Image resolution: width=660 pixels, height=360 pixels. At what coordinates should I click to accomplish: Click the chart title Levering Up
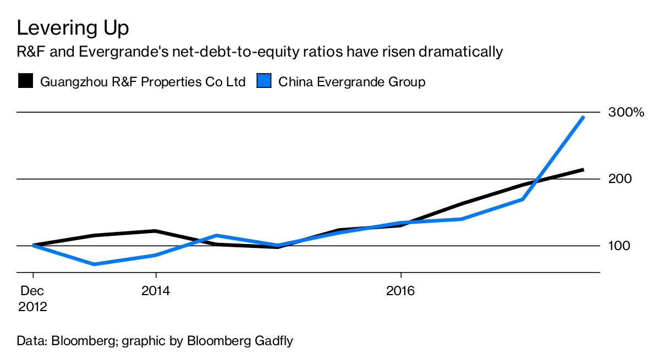tap(73, 28)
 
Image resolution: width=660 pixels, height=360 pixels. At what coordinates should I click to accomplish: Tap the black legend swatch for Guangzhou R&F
tap(25, 82)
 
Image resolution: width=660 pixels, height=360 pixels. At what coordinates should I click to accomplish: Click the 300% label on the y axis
tap(626, 113)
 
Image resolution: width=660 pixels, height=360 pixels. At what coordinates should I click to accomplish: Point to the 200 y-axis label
tap(620, 179)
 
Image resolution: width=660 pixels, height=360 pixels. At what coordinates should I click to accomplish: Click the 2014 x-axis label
tap(156, 291)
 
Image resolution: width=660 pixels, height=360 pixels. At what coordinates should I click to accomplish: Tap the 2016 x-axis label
tap(401, 291)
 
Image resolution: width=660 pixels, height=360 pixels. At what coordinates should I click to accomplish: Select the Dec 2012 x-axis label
tap(33, 298)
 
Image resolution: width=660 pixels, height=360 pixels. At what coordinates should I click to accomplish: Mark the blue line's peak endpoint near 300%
tap(583, 117)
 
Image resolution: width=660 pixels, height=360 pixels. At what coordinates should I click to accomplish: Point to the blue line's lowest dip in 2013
tap(95, 264)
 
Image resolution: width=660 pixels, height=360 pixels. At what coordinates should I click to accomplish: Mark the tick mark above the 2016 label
tap(401, 276)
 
